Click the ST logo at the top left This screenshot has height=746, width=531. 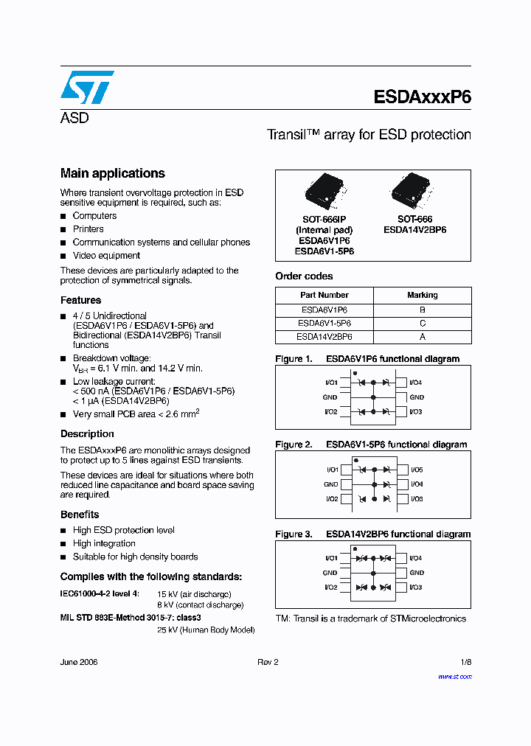coord(86,87)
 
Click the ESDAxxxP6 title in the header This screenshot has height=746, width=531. coord(422,97)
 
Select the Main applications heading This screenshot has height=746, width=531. coord(112,173)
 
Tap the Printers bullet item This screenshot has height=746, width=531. coord(88,229)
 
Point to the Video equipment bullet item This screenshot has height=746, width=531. coord(106,256)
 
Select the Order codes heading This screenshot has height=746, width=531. coord(304,276)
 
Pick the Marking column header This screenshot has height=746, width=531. coord(422,295)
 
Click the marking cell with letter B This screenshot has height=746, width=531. coord(422,310)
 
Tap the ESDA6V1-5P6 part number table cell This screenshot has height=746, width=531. coord(324,324)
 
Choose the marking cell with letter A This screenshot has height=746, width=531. coord(422,337)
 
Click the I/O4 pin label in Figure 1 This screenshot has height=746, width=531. coord(416,383)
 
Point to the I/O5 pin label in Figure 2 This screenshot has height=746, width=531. coord(417,470)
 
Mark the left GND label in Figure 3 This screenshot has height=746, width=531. coord(330,573)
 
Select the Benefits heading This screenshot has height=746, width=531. coord(80,515)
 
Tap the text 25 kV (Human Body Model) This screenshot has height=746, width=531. coord(206,630)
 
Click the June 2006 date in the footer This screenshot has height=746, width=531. coord(79,662)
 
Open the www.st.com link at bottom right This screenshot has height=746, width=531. coord(454,676)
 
